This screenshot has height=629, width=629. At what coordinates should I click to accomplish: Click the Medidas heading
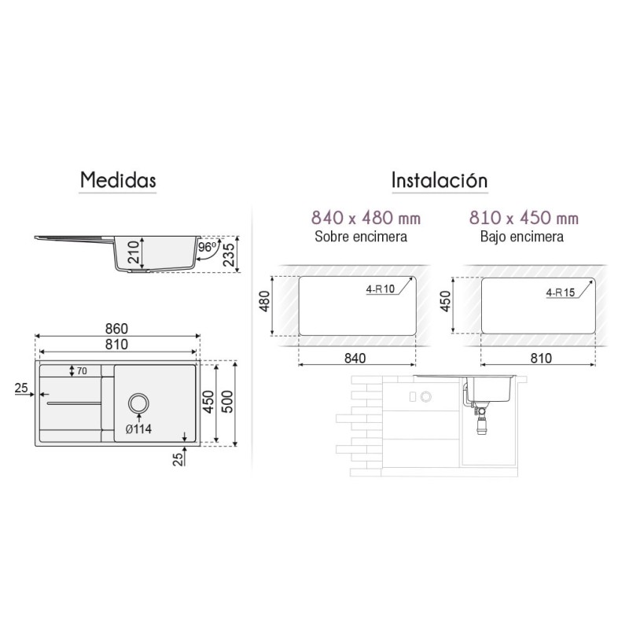118,180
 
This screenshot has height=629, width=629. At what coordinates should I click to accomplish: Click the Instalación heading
440,180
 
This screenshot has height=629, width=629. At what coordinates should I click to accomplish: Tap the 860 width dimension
116,329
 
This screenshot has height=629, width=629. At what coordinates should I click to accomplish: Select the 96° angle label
208,247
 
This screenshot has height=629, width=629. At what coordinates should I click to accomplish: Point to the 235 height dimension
229,255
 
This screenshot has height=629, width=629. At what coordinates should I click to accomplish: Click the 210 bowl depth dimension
134,252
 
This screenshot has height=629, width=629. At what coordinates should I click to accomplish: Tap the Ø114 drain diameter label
138,429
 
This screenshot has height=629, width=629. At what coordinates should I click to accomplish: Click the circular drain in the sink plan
139,403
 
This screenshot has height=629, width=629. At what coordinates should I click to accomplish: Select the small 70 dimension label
82,371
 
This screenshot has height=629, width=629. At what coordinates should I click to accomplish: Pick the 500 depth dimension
227,403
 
